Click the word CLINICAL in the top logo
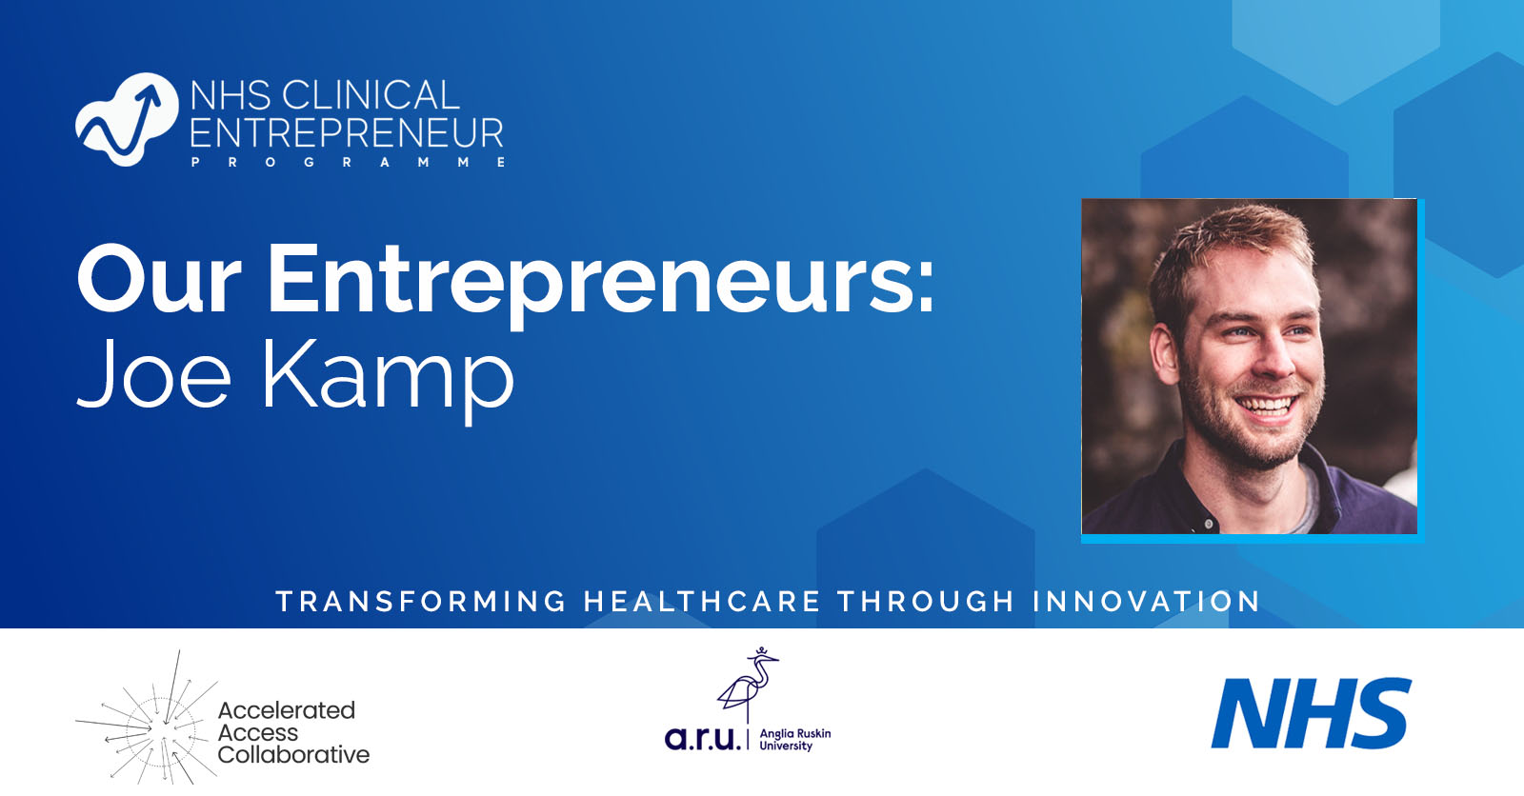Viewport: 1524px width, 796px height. point(371,95)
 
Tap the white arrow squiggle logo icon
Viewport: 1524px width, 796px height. point(126,120)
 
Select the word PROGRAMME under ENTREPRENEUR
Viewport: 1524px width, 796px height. point(349,163)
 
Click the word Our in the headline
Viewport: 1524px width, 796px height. point(158,280)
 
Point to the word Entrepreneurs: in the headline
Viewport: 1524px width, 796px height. point(601,282)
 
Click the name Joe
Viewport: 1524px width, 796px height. point(153,373)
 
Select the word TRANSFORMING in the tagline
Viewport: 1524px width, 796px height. point(421,602)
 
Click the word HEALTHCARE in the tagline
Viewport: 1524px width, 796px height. point(702,602)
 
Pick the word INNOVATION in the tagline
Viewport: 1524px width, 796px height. point(1147,602)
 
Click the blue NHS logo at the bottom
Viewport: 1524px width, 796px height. point(1311,713)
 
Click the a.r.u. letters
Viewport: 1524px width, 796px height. point(702,738)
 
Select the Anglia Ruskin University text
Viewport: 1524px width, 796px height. point(794,740)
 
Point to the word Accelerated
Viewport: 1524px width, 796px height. point(286,710)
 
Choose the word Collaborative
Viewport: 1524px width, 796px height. point(293,755)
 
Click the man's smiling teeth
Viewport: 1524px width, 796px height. point(1266,408)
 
